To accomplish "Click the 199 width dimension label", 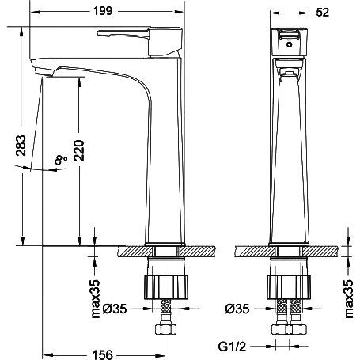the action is [x=103, y=11].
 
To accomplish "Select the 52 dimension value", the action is [x=322, y=13].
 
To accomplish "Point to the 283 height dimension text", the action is [x=21, y=146].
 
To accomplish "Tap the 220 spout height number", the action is [x=79, y=150].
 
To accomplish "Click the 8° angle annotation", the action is [x=60, y=160].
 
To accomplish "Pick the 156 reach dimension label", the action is [x=103, y=354].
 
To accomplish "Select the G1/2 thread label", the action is [x=232, y=347].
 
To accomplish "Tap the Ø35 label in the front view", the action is [x=237, y=309].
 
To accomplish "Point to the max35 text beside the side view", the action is [x=96, y=299].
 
